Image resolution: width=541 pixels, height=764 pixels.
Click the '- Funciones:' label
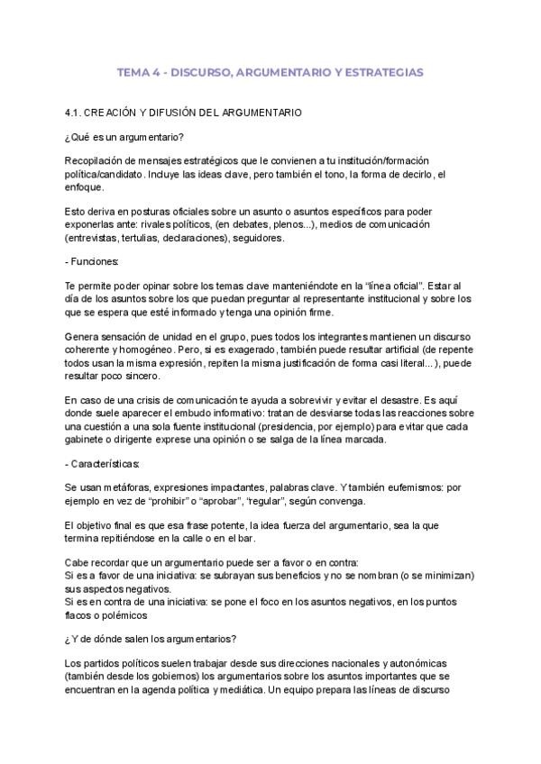[x=92, y=261]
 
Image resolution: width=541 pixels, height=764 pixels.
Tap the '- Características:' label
[x=102, y=463]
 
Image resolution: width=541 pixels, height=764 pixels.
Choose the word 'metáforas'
[x=124, y=487]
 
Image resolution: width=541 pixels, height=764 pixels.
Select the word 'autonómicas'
[x=450, y=663]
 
